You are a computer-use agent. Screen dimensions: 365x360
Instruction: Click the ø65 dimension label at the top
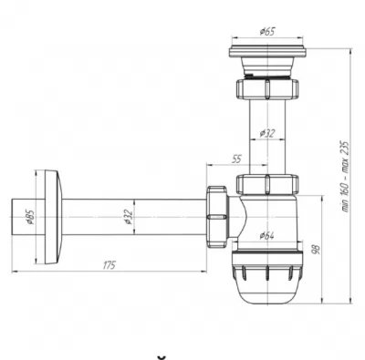pyautogui.click(x=267, y=31)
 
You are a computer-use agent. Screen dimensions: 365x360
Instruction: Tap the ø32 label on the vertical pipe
pyautogui.click(x=267, y=133)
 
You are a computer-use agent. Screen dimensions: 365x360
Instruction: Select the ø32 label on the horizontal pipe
pyautogui.click(x=129, y=217)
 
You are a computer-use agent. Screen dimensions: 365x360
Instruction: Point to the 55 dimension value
pyautogui.click(x=236, y=159)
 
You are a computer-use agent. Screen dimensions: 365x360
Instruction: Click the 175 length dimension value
pyautogui.click(x=109, y=265)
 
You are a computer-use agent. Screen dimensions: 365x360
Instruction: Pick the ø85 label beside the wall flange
pyautogui.click(x=31, y=217)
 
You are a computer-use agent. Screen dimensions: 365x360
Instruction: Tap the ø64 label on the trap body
pyautogui.click(x=266, y=235)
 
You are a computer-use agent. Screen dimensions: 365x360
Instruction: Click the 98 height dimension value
pyautogui.click(x=316, y=250)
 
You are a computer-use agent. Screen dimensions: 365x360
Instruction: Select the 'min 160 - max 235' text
pyautogui.click(x=346, y=176)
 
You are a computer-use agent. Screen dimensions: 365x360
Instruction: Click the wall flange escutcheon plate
pyautogui.click(x=54, y=217)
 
